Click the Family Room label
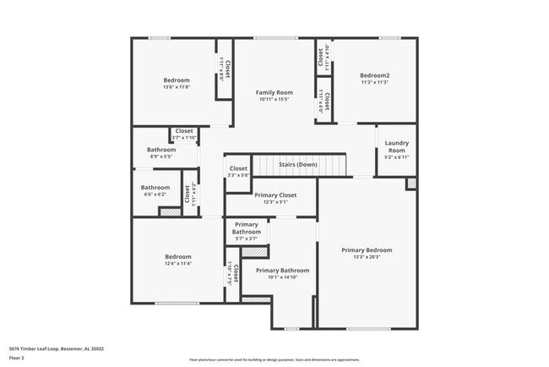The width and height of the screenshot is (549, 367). [274, 92]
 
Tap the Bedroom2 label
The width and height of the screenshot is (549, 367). [374, 74]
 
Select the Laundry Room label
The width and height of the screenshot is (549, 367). [396, 146]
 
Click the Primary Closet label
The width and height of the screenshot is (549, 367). [275, 194]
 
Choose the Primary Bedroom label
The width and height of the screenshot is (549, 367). [367, 250]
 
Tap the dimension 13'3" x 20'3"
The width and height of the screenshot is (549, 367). [367, 258]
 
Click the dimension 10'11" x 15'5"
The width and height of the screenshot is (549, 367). [274, 100]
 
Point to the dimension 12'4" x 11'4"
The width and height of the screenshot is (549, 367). [177, 264]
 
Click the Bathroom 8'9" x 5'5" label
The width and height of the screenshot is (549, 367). [161, 150]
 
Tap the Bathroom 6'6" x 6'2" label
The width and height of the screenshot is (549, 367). [155, 188]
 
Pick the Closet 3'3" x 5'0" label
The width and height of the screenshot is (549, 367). [238, 169]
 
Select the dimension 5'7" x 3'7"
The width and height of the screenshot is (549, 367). [247, 239]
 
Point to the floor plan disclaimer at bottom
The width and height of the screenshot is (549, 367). [274, 359]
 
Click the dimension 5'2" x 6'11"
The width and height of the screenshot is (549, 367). [396, 157]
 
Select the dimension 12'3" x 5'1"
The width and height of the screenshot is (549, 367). [275, 202]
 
